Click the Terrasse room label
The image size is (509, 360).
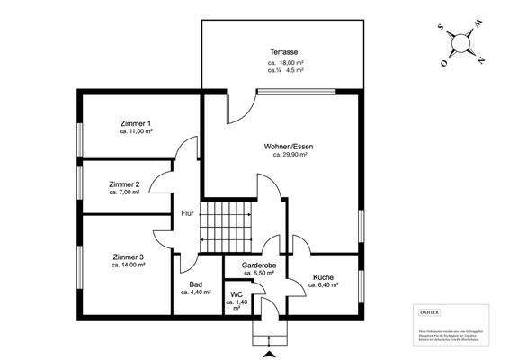284,53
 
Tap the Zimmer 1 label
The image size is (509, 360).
136,122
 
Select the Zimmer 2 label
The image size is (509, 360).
124,184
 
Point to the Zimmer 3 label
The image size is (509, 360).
129,256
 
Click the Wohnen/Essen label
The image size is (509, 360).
290,146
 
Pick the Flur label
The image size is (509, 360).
187,213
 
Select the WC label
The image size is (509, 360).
236,293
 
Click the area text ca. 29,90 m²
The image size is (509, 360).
290,155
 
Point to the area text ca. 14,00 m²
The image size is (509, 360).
129,265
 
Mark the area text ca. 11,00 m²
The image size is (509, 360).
136,131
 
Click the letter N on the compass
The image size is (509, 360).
481,60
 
